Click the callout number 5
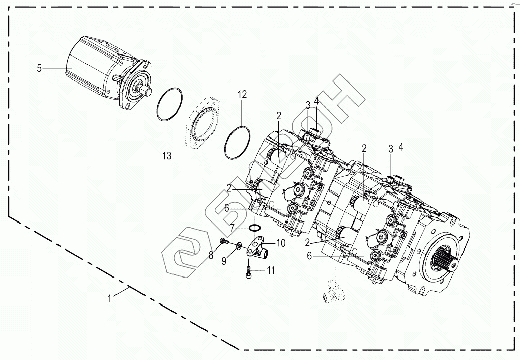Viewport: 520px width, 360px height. pos(39,68)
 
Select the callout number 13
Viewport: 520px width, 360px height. pos(167,155)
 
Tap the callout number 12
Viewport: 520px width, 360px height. pos(242,94)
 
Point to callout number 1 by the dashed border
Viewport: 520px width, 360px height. pos(110,298)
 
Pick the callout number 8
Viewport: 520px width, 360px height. pos(211,255)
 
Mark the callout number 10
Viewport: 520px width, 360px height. pos(281,243)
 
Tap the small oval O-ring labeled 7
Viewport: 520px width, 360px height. pos(255,228)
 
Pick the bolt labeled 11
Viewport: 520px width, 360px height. pos(248,270)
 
